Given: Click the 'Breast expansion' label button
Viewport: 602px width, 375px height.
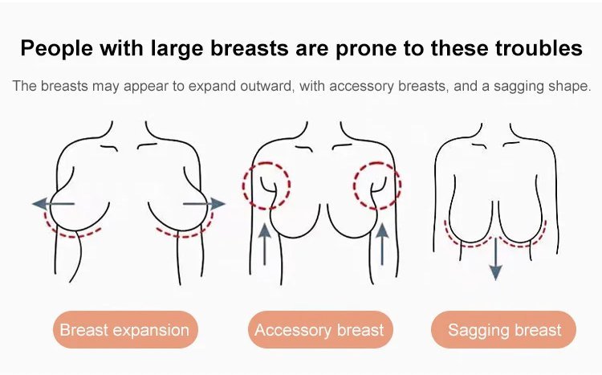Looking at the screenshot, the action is pos(125,330).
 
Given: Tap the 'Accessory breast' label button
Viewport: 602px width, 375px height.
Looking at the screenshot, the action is pos(319,330).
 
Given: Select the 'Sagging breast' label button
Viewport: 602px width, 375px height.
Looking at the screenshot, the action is pos(504,330).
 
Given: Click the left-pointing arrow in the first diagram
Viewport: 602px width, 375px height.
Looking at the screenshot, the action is pos(53,204).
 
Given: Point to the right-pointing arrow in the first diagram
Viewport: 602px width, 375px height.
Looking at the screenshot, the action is pos(204,204).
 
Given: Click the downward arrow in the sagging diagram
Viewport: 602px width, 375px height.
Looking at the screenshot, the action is pos(496,259).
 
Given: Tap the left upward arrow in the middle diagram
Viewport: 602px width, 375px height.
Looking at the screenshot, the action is pos(265,244).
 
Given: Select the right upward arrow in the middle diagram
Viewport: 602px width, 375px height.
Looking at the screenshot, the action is pos(381,244).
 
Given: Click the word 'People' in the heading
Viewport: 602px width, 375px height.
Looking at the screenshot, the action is pos(57,49).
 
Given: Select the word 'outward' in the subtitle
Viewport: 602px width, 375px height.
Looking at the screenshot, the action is pos(266,86).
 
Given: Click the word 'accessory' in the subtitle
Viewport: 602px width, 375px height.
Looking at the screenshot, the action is pos(361,87).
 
